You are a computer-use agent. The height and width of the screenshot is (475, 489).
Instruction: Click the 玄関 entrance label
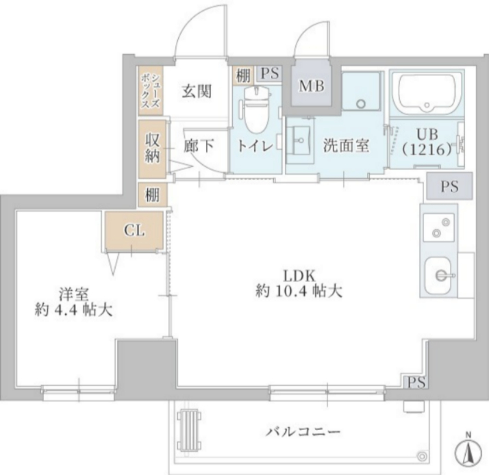196,91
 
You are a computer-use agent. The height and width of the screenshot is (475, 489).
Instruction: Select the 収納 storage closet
152,146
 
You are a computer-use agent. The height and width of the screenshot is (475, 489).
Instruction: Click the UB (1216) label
426,142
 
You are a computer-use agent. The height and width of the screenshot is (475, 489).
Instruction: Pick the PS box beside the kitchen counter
449,187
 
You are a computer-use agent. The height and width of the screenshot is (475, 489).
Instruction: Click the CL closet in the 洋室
134,231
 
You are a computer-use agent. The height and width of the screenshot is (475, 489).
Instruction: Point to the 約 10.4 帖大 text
299,291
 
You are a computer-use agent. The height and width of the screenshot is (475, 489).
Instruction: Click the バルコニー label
303,432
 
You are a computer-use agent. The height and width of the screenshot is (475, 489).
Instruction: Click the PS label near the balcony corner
416,382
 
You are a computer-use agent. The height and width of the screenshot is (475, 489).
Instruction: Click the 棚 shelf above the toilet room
242,74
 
